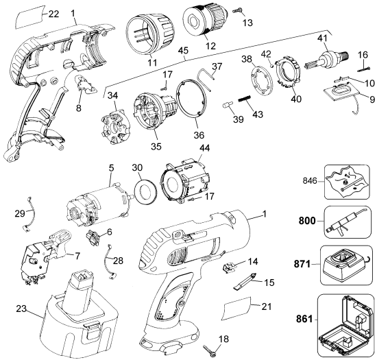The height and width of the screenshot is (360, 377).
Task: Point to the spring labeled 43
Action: (245, 99)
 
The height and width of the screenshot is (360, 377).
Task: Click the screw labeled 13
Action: (238, 10)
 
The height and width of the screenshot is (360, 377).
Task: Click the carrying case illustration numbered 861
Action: (345, 326)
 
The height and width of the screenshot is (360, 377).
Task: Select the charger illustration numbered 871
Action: (345, 265)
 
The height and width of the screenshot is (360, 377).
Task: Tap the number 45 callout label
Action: (184, 51)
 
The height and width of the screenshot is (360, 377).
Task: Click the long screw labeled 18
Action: (210, 349)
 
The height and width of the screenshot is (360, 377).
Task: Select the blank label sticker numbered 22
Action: (29, 17)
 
